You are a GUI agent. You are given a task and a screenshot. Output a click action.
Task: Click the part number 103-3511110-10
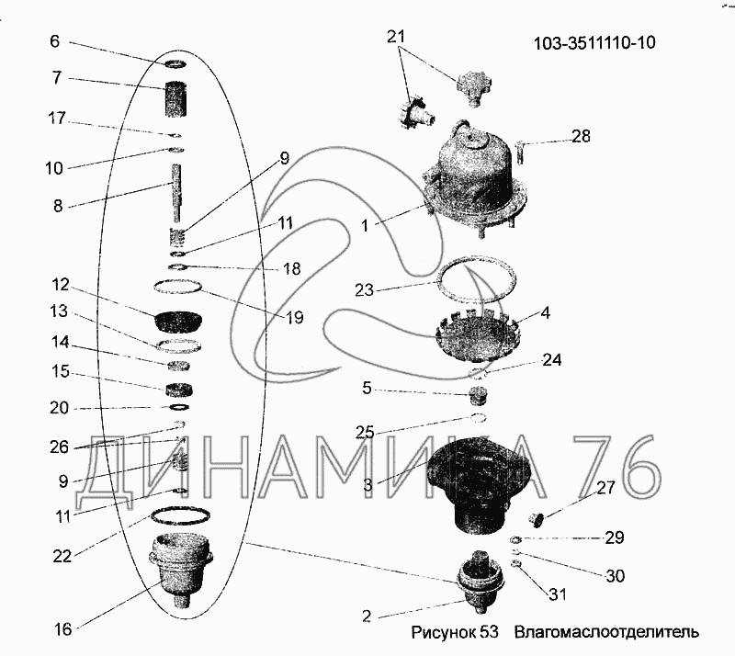coord(594,42)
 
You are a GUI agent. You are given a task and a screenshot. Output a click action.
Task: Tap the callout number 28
coord(581,137)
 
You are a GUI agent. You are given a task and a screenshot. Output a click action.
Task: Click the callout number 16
coord(62,629)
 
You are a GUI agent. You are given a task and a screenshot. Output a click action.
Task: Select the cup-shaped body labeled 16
coord(180,571)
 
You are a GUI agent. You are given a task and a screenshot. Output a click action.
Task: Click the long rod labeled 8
coord(177,193)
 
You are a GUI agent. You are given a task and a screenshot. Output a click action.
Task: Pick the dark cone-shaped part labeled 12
coord(178,322)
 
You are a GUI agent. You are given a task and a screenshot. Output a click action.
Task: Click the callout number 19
coord(294,318)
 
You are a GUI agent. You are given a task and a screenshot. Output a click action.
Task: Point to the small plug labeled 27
coord(536,518)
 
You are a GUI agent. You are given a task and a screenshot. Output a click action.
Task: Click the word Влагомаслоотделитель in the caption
coord(606,632)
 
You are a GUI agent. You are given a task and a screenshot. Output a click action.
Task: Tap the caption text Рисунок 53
coord(454,632)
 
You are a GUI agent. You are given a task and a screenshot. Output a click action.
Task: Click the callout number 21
coord(396,37)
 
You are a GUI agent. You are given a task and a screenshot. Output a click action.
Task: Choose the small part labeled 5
coord(477,397)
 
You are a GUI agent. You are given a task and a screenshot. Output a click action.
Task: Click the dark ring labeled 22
coord(180,517)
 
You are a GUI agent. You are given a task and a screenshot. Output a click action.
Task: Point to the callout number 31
coord(558,594)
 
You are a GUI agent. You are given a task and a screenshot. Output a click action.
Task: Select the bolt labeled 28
coord(520,153)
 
